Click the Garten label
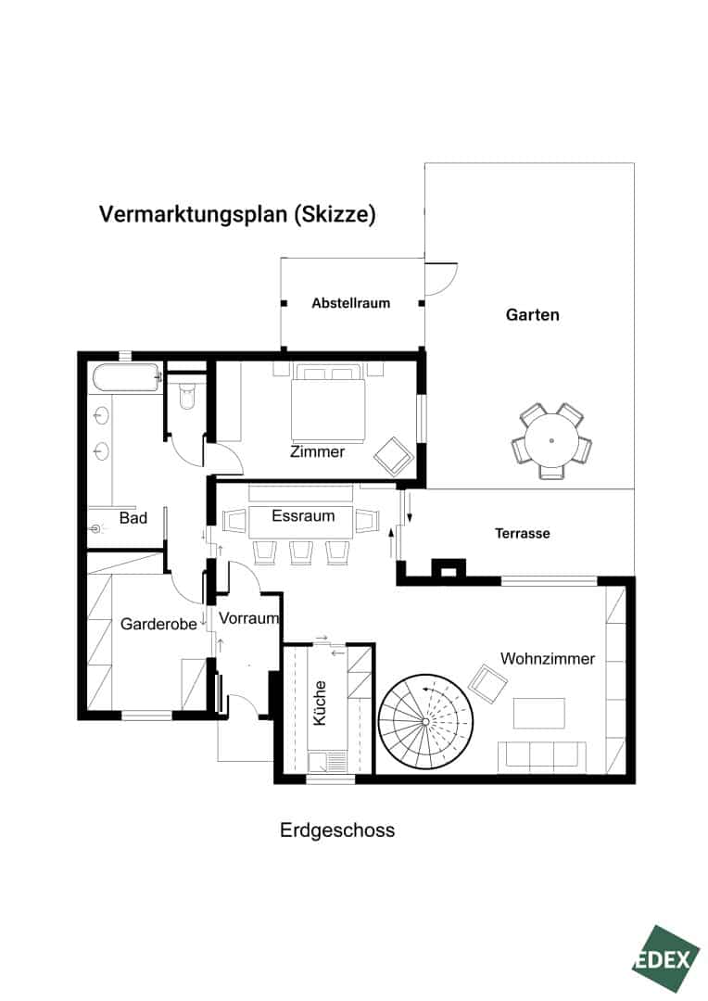tap(533, 315)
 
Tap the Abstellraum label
tap(350, 303)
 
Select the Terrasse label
tap(523, 533)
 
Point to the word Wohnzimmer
tap(547, 658)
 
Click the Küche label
tap(320, 703)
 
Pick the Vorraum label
tap(249, 618)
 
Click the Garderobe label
tap(158, 624)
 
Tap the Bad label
tap(133, 518)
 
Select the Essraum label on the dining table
tap(303, 515)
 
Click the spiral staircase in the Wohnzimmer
tap(425, 721)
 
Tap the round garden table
tap(551, 440)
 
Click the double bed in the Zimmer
tap(328, 403)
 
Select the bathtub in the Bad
tap(126, 378)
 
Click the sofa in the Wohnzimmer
tap(542, 756)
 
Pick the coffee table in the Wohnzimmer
tap(538, 713)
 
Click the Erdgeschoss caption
tap(337, 830)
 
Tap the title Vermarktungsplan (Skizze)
tap(237, 214)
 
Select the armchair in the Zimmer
tap(394, 456)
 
